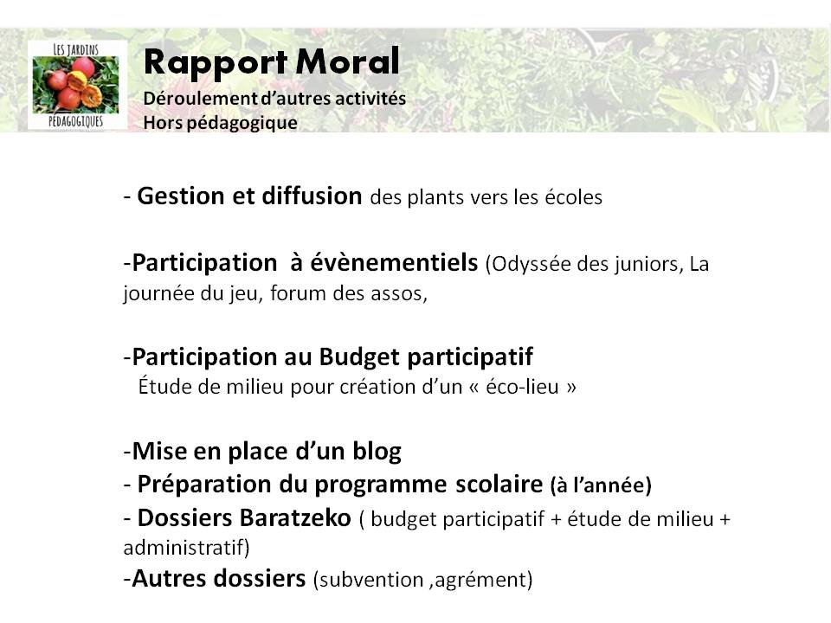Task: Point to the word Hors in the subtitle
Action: [161, 123]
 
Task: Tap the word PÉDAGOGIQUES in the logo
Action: [76, 122]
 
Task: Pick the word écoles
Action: [573, 197]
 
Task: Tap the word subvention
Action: [358, 579]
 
